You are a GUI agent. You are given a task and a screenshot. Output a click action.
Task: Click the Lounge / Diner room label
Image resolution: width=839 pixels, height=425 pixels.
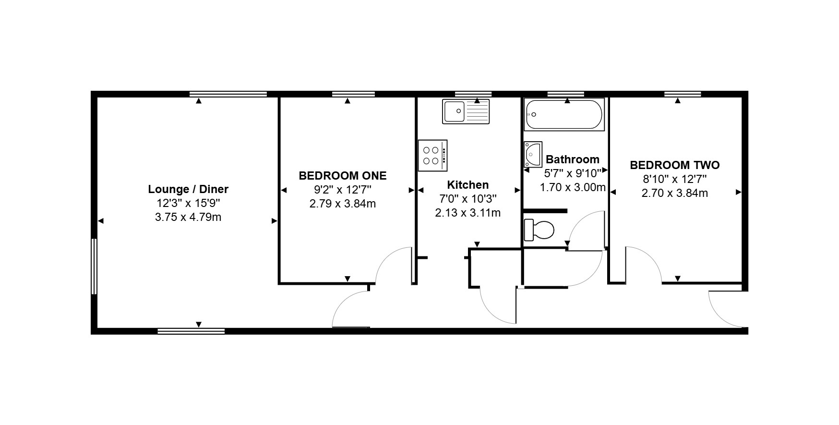188,189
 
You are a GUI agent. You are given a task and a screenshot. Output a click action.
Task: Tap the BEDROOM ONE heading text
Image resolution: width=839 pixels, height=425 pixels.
343,176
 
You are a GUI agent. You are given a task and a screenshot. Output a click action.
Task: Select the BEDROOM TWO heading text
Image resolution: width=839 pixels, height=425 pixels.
675,165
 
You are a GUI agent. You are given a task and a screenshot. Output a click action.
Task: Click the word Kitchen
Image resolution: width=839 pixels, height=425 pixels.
468,185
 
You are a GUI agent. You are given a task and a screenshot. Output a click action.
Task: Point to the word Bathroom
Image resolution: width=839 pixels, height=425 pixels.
573,159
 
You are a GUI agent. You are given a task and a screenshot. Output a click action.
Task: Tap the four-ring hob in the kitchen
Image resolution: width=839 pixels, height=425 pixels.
433,155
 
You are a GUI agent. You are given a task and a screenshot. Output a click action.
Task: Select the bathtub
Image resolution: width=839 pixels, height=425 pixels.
564,114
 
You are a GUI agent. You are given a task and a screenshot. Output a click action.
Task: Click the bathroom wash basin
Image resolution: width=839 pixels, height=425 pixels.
533,154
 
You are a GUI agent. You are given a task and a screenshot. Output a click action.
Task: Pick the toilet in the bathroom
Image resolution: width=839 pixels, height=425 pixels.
539,230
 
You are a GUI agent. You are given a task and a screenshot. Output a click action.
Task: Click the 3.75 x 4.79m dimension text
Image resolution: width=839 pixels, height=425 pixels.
188,217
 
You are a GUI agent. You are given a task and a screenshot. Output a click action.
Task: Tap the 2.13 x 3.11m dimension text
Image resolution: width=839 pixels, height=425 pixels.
468,213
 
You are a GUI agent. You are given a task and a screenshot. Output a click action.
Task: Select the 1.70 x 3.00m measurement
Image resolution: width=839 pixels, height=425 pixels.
573,187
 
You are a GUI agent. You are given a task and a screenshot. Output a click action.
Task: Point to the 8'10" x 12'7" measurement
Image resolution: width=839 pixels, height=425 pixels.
675,179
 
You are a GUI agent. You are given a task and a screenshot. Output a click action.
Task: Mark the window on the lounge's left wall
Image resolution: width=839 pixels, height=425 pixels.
94,266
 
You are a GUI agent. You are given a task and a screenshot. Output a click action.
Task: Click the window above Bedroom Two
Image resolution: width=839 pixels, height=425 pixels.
683,94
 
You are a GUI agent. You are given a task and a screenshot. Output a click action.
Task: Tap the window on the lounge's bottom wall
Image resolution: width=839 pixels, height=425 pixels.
191,331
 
